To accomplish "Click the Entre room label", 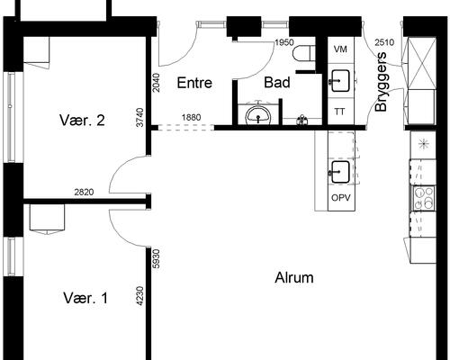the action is (194, 83).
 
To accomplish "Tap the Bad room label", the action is (277, 83).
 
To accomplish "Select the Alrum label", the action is (294, 278).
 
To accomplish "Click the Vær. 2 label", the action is (82, 121).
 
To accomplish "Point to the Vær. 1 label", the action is (85, 298).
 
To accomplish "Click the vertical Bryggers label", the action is (381, 82).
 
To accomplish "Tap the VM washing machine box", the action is (341, 49).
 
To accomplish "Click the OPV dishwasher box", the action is (341, 198).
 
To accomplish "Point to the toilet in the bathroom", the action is (304, 53).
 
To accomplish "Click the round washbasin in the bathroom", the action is (258, 115).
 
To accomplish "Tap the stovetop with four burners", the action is (424, 198).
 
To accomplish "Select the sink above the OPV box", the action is (340, 172).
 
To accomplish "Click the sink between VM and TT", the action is (340, 81).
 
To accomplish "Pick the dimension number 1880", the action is (191, 117).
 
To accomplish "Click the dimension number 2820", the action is (84, 192).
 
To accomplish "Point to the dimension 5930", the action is (157, 259).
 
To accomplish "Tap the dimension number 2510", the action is (384, 42).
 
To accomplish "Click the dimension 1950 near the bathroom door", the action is (284, 42).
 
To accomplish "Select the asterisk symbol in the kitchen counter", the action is (423, 144).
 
